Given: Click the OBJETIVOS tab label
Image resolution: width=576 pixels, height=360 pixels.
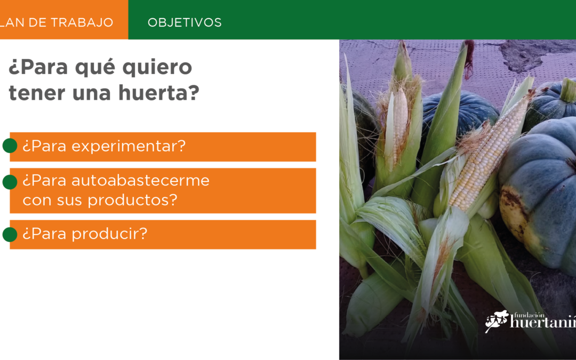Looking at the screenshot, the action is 185,22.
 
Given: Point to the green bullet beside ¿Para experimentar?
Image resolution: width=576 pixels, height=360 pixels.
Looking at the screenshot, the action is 10,146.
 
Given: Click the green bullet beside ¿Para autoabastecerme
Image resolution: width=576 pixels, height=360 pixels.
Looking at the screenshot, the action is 10,182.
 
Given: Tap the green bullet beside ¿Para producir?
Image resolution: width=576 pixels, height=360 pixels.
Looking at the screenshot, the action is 10,234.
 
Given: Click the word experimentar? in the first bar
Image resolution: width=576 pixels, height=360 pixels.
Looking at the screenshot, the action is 129,146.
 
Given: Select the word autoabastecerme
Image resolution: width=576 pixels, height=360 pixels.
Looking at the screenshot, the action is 140,180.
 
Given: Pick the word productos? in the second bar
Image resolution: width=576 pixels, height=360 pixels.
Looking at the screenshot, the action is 132,200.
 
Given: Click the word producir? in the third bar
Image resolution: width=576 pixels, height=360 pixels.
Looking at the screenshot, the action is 109,234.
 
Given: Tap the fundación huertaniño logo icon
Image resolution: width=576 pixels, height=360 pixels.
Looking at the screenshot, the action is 497,321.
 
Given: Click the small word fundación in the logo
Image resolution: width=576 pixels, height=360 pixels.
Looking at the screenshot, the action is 529,315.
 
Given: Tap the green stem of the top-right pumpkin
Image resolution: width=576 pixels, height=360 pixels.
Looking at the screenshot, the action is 569,90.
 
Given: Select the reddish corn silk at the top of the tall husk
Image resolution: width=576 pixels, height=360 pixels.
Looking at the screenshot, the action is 469,59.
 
